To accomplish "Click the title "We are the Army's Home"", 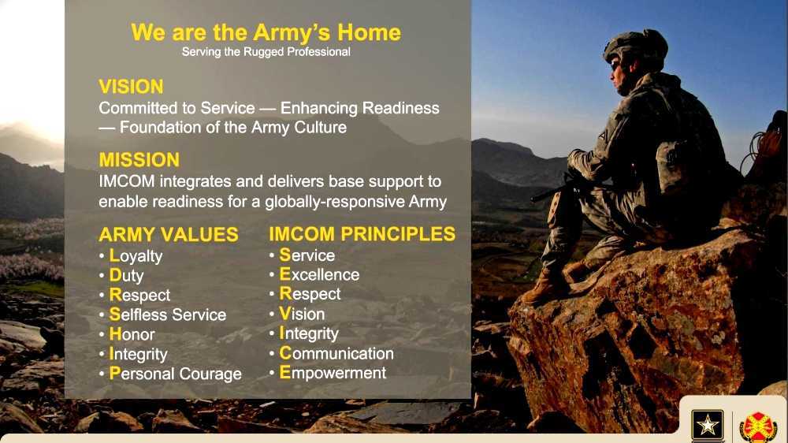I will [266, 32].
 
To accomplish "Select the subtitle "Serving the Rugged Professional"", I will [266, 53].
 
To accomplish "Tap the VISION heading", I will [131, 87].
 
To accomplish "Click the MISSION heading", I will [139, 160].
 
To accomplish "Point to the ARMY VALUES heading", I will [169, 234].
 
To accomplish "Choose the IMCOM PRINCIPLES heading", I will [362, 233].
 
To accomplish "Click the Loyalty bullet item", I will [136, 255].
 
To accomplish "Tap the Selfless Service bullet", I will [167, 315].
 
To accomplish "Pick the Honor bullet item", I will [132, 334].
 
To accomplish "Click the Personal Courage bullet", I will [175, 374].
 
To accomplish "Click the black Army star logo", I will [707, 426].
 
